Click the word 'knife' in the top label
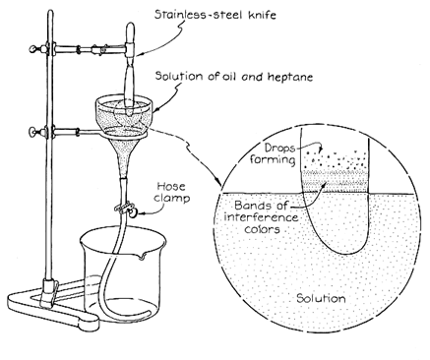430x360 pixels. [x=262, y=15]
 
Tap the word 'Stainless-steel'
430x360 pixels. [x=200, y=15]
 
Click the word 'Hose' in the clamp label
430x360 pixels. [x=171, y=186]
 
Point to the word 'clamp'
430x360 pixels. [x=172, y=198]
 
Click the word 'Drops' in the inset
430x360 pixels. [x=279, y=149]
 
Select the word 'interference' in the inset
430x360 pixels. [x=262, y=217]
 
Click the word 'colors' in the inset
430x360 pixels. [x=262, y=228]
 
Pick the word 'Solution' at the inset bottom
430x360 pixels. [x=321, y=298]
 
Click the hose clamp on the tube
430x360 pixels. [x=126, y=209]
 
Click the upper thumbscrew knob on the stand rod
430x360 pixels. [x=33, y=49]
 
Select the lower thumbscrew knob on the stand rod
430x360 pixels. [x=33, y=132]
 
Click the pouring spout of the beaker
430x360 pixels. [x=143, y=256]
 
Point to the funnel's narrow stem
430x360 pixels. [x=124, y=164]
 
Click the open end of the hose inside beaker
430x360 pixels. [x=151, y=313]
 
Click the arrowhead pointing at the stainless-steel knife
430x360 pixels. [x=139, y=54]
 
